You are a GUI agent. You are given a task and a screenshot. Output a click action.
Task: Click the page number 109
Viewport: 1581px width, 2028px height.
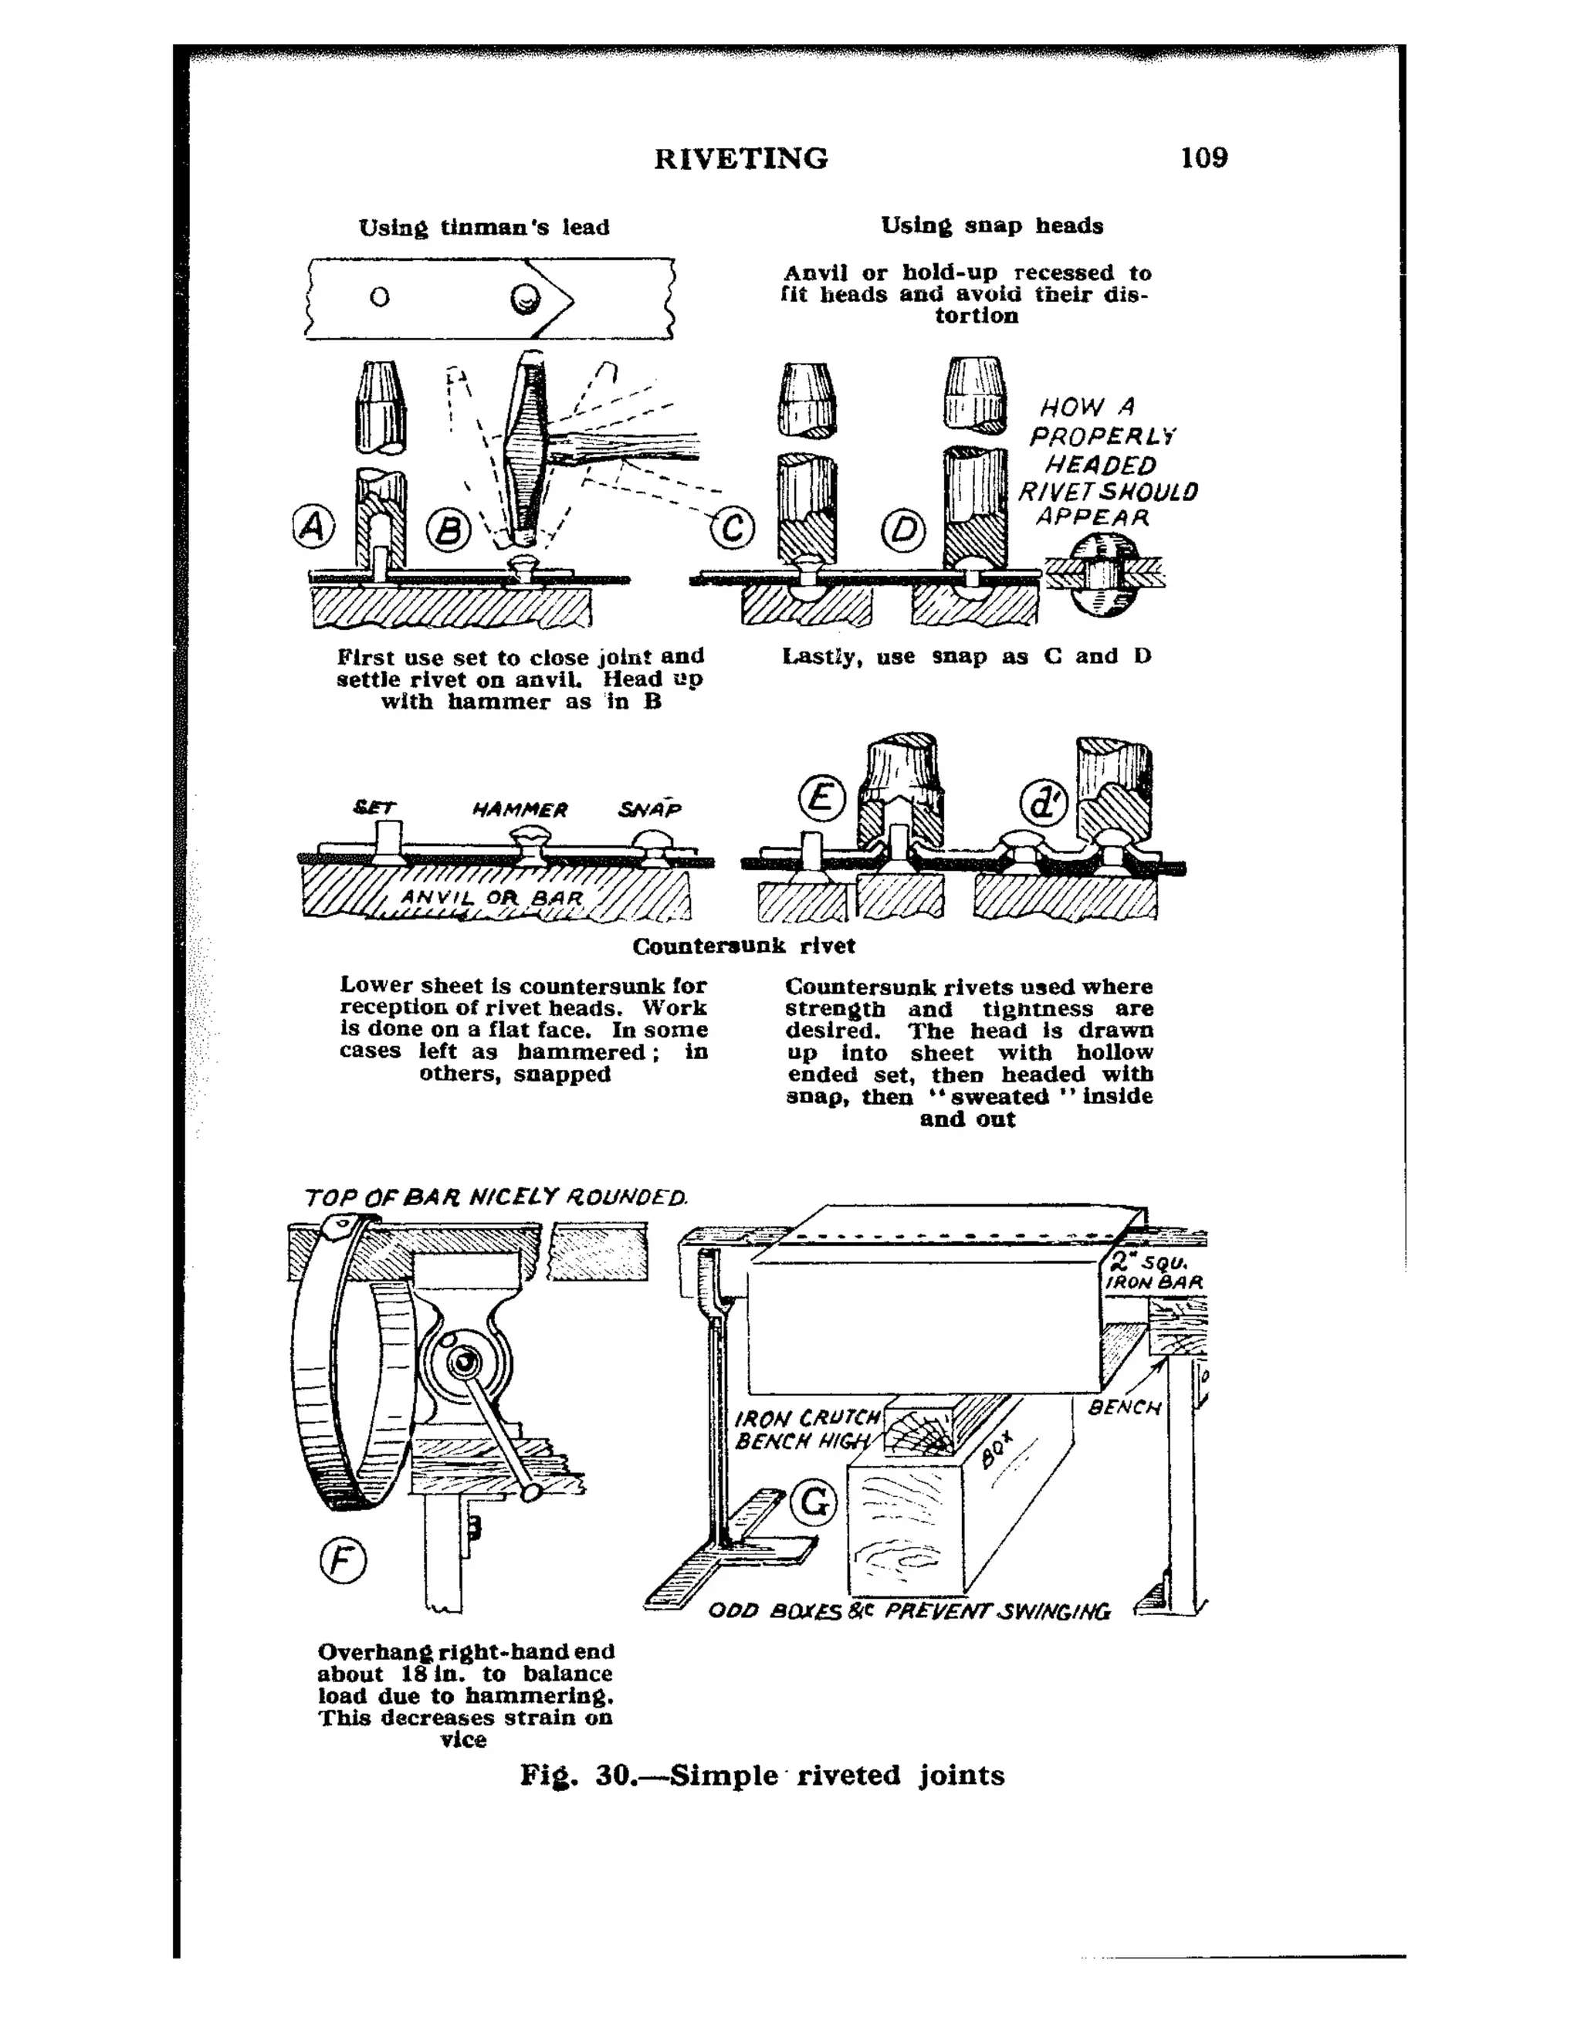click(x=1204, y=157)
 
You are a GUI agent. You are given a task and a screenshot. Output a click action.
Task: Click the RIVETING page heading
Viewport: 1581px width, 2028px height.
click(x=741, y=159)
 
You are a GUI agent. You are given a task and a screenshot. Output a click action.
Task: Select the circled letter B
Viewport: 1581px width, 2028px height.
click(x=449, y=531)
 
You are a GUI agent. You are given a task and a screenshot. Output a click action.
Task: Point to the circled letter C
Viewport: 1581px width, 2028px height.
click(x=733, y=530)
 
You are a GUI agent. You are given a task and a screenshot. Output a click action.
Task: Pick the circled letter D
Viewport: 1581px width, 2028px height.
click(x=903, y=531)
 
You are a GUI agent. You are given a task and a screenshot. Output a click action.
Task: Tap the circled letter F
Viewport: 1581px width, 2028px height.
click(x=343, y=1561)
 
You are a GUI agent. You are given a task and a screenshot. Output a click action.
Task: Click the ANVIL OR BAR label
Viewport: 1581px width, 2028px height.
click(x=492, y=898)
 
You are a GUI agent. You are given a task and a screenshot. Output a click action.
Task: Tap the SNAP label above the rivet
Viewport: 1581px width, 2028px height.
click(x=650, y=809)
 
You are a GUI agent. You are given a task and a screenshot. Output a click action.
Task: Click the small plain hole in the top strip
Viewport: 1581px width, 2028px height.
click(x=380, y=298)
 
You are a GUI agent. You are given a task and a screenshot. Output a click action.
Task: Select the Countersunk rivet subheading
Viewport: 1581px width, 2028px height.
click(x=743, y=946)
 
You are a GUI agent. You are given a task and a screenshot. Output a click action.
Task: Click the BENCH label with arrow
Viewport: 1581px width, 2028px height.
click(x=1124, y=1408)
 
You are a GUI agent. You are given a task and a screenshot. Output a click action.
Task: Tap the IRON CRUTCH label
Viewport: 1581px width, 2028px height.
click(x=806, y=1418)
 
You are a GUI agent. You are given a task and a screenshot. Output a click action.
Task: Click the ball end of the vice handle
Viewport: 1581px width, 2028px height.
click(x=532, y=1492)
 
